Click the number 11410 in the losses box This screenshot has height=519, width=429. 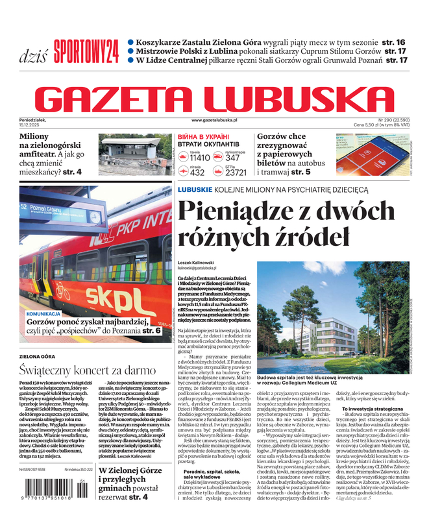[199, 158]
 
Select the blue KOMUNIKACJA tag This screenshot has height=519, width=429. [43, 313]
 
